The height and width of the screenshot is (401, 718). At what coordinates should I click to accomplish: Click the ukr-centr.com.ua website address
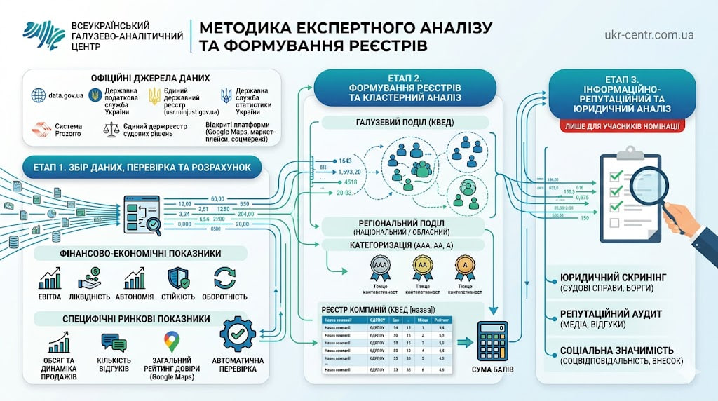(649, 34)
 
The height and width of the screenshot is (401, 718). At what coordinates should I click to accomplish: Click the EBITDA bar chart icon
(50, 279)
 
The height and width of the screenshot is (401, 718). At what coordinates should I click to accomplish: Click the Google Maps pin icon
(172, 342)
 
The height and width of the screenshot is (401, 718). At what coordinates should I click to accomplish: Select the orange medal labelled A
(465, 267)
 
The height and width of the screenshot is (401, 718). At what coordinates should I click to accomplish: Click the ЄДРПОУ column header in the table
(379, 320)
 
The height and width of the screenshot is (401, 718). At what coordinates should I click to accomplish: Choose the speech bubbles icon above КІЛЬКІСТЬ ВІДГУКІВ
(114, 342)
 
